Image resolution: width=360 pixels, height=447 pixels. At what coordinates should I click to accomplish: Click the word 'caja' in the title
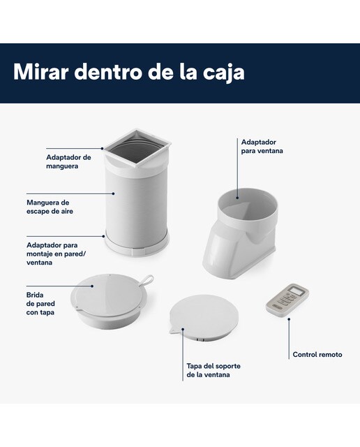(223, 73)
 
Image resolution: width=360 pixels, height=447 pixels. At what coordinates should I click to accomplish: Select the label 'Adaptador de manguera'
(68, 161)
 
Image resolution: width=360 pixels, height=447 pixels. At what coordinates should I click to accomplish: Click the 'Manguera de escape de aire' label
(50, 207)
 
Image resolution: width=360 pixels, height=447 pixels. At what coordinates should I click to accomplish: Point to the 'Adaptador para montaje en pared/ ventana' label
(56, 254)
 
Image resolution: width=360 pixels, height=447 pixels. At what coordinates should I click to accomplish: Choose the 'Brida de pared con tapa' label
(40, 303)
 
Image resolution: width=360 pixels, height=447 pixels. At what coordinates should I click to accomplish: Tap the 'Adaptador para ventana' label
(262, 146)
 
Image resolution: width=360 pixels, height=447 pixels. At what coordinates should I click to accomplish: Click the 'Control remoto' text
(317, 354)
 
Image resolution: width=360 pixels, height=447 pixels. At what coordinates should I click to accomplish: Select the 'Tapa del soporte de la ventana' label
(213, 370)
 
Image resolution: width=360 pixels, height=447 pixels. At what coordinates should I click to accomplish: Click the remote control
(287, 301)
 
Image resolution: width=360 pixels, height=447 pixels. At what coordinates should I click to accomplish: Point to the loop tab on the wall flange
(147, 279)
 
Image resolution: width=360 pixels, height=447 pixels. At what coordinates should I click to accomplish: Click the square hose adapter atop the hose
(137, 148)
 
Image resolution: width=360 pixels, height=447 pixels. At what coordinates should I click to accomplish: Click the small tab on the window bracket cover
(172, 330)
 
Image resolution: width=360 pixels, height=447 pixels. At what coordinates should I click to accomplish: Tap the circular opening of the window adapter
(247, 203)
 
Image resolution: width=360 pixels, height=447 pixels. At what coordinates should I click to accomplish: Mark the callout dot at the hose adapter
(102, 148)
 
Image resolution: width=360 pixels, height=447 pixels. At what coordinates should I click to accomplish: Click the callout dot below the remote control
(289, 319)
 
